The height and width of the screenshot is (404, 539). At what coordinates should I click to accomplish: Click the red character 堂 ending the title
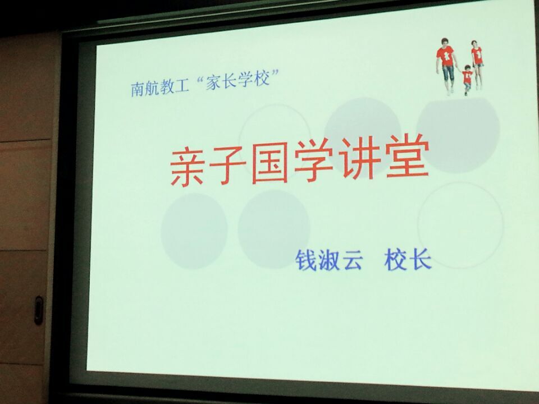(x=408, y=156)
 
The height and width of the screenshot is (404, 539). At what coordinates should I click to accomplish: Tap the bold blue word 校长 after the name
(x=408, y=260)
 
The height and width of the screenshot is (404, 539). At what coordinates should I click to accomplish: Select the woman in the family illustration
(x=477, y=64)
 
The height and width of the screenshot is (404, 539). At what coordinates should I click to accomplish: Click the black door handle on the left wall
(x=39, y=310)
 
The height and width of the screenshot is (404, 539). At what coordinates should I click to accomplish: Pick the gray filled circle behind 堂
(x=458, y=135)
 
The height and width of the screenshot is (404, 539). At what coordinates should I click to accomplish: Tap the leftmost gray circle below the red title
(x=194, y=231)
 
